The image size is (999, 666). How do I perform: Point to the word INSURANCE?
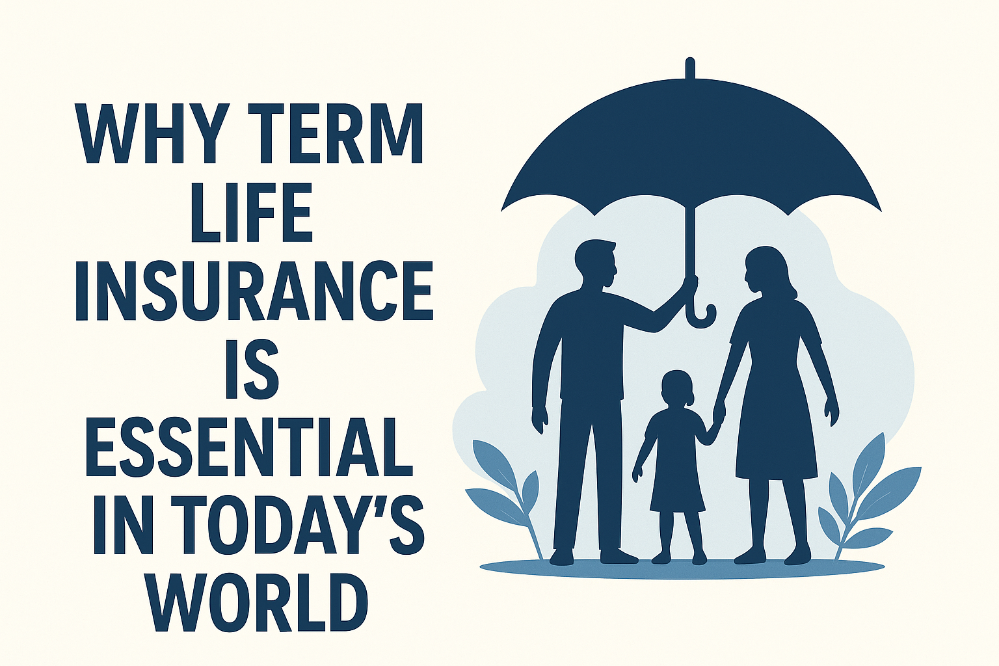(254, 290)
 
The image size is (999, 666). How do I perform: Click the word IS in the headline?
(252, 368)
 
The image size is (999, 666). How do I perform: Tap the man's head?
(596, 263)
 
